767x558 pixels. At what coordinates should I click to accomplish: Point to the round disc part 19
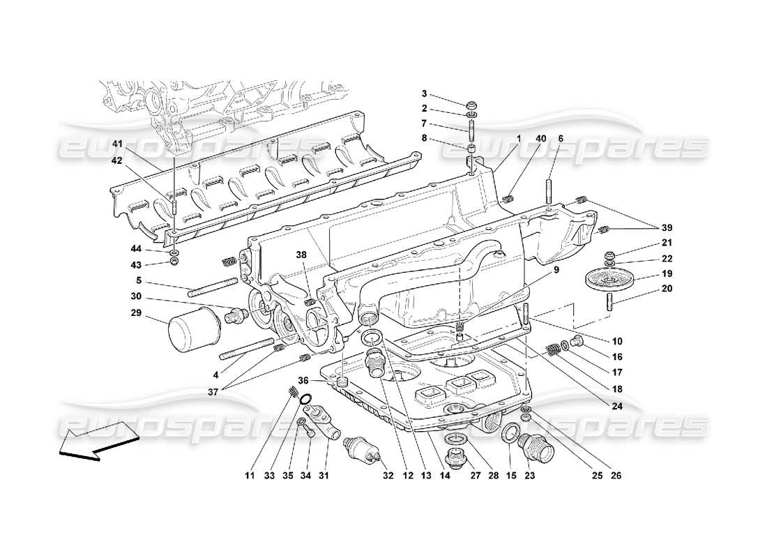(x=609, y=279)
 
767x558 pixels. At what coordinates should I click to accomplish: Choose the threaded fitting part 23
(x=537, y=442)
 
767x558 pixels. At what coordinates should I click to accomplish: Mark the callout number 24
(x=616, y=405)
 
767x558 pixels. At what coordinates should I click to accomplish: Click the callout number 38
(x=301, y=255)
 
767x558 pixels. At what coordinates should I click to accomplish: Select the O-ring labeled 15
(x=510, y=435)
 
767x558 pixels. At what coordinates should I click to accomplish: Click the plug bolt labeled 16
(x=576, y=342)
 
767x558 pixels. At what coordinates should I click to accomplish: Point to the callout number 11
(x=250, y=476)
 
